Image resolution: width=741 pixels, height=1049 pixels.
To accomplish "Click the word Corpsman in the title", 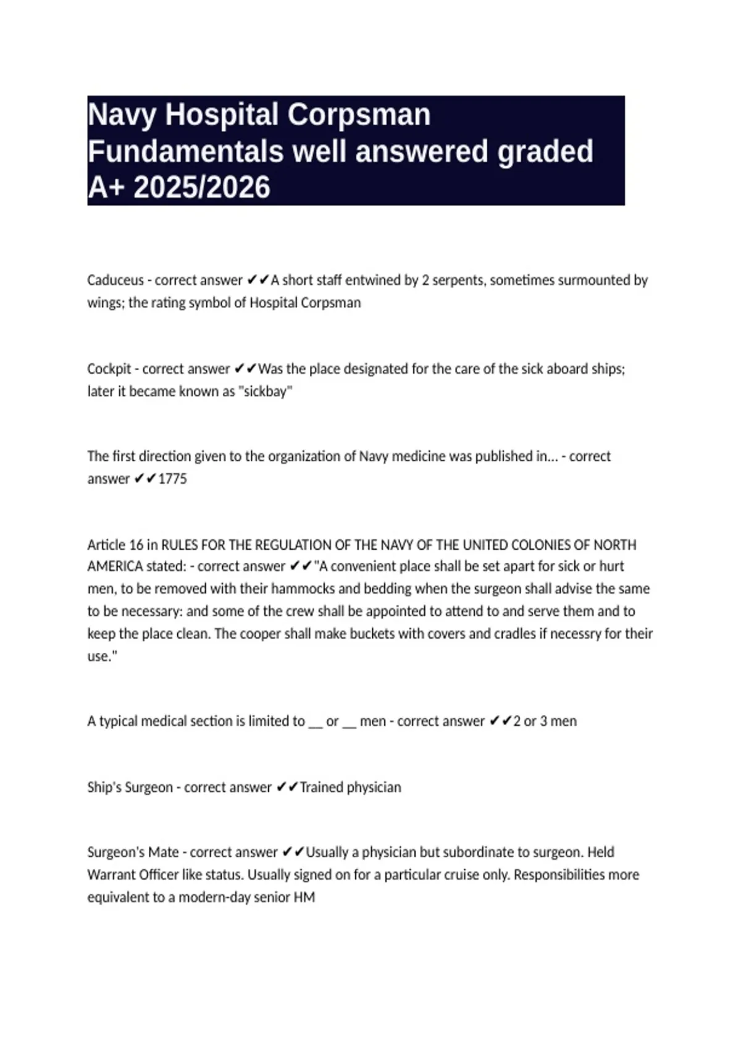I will tap(359, 115).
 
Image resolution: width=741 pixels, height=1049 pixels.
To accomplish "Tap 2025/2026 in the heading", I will tap(202, 187).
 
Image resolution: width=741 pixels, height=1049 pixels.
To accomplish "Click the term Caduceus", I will tap(115, 280).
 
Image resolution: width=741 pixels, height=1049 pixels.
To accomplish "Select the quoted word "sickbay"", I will tap(266, 391).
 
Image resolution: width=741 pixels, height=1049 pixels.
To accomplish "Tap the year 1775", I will tap(172, 479).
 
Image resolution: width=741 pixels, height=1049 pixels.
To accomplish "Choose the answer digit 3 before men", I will tap(543, 721).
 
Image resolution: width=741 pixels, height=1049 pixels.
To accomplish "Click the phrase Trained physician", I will tap(350, 787).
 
